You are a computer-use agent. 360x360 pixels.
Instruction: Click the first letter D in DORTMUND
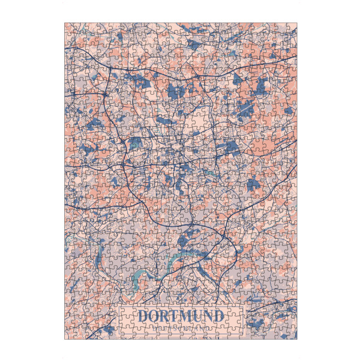coord(143,316)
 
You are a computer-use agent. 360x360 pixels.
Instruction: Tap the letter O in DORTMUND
coord(154,316)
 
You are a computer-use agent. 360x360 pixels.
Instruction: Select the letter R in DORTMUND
coord(166,316)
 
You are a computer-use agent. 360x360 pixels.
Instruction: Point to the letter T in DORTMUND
coord(176,316)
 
